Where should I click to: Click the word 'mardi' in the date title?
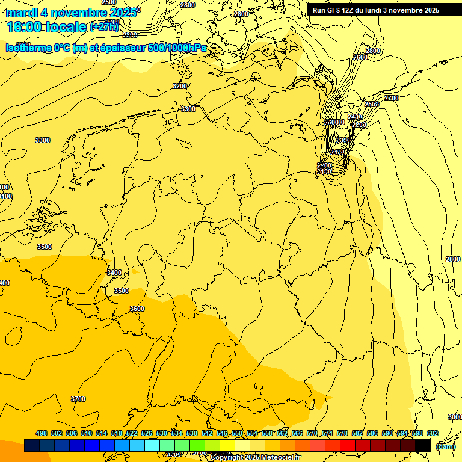[x=22, y=12]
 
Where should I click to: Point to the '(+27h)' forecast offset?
[x=104, y=26]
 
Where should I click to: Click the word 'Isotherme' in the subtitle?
[x=27, y=48]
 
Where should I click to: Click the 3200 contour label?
[x=179, y=87]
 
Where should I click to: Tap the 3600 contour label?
[x=137, y=309]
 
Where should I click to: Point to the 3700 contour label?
[x=78, y=399]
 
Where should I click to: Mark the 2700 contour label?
[x=392, y=98]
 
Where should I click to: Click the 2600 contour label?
[x=360, y=57]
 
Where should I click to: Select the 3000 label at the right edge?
[x=455, y=417]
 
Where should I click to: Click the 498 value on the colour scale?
[x=42, y=433]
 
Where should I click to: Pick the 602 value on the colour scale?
[x=432, y=433]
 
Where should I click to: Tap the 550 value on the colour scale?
[x=237, y=433]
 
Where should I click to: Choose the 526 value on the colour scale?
[x=147, y=433]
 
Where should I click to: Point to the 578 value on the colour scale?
[x=342, y=433]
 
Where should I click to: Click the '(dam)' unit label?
[x=445, y=446]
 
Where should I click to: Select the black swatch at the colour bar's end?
[x=423, y=445]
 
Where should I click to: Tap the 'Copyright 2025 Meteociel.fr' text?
[x=255, y=458]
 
